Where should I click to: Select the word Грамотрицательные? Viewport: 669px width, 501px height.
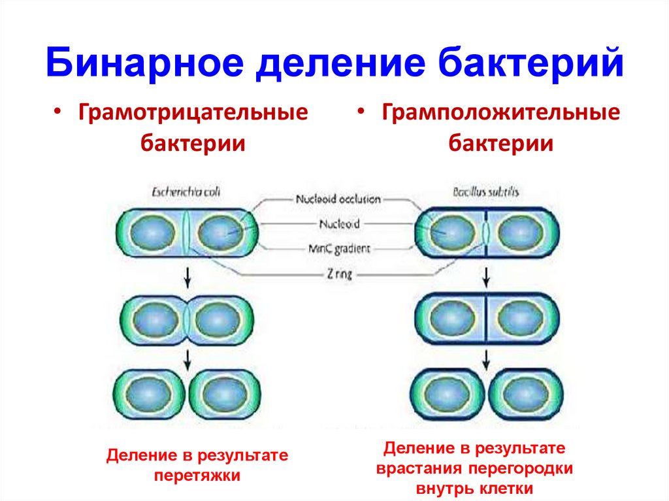pyautogui.click(x=193, y=113)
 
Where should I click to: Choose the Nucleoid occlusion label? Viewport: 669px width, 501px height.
pyautogui.click(x=338, y=199)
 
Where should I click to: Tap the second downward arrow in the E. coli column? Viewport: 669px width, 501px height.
pyautogui.click(x=188, y=358)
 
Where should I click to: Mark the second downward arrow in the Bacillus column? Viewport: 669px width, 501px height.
pyautogui.click(x=485, y=357)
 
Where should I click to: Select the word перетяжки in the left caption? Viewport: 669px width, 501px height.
pyautogui.click(x=197, y=475)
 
